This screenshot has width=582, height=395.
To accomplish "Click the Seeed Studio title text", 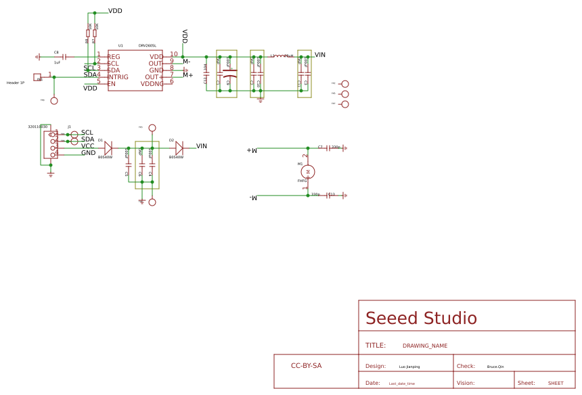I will coord(421,319).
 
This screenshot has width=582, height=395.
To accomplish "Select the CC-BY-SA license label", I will coord(306,366).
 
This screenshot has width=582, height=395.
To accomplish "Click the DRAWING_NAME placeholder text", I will coord(424,346).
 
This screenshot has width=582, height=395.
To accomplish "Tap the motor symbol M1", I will coord(308,172).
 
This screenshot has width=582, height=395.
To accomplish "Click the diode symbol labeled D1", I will coord(108,148).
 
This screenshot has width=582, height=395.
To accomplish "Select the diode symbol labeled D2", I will coord(179,148).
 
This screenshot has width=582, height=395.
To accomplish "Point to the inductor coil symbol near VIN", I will coord(279,57).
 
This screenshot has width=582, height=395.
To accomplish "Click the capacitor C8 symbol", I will coord(64,57).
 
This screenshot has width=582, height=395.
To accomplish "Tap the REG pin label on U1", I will coord(113,57).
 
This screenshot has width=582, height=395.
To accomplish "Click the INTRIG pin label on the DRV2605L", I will coord(118,77).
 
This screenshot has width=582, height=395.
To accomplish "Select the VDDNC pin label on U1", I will coord(152,84).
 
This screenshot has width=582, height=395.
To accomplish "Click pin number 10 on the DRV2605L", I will coord(174,54).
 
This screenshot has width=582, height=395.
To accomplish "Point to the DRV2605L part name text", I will coord(148,46).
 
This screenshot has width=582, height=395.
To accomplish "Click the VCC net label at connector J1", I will coord(88,146).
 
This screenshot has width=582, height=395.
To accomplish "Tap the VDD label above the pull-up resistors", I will coord(115,11).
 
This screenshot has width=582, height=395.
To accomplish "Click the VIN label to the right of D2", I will coord(202,146).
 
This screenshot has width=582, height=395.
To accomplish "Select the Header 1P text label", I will coord(16,83).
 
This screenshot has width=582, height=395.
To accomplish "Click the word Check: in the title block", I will coord(466,366).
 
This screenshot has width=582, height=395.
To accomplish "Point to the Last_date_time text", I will coord(401,384).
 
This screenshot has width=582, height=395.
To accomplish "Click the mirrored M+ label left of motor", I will coord(252,150).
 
